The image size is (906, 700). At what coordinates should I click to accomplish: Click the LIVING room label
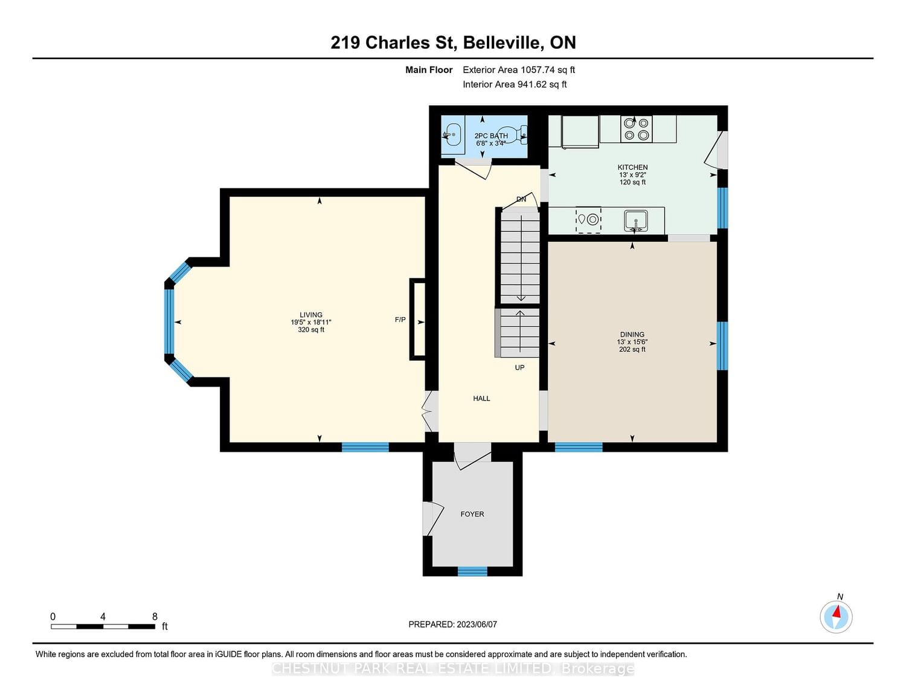pyautogui.click(x=311, y=315)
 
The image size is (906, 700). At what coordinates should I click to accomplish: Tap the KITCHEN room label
pyautogui.click(x=632, y=167)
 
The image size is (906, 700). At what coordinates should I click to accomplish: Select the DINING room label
pyautogui.click(x=632, y=335)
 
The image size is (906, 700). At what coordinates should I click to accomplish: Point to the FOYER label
pyautogui.click(x=472, y=514)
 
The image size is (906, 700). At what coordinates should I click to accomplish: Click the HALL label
pyautogui.click(x=481, y=399)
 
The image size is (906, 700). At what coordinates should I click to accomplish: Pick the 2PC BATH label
pyautogui.click(x=491, y=135)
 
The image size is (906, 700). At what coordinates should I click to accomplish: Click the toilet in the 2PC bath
pyautogui.click(x=512, y=135)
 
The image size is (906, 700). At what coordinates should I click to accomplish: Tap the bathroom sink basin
pyautogui.click(x=452, y=135)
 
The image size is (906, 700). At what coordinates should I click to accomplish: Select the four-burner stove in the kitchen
pyautogui.click(x=636, y=129)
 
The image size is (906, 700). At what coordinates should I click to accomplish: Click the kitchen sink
pyautogui.click(x=635, y=220)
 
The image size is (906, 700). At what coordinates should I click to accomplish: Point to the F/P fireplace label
pyautogui.click(x=400, y=319)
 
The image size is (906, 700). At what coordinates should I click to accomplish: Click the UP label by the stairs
pyautogui.click(x=519, y=367)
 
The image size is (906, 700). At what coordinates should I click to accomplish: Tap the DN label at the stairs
pyautogui.click(x=521, y=199)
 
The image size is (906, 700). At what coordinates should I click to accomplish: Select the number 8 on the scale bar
pyautogui.click(x=155, y=617)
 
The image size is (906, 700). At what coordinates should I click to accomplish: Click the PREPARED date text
pyautogui.click(x=453, y=624)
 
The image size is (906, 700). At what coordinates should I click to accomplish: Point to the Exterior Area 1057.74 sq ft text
pyautogui.click(x=519, y=69)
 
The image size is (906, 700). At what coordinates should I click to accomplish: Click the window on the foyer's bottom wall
pyautogui.click(x=472, y=571)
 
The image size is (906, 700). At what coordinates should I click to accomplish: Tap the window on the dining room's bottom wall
pyautogui.click(x=579, y=447)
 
